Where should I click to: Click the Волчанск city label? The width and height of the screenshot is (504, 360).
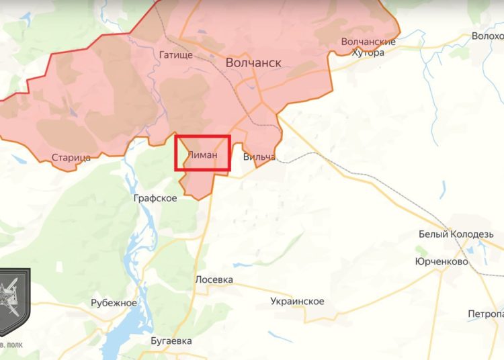point(253,62)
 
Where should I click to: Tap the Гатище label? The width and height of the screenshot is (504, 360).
point(177,55)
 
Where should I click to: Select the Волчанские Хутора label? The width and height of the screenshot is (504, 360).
point(368,47)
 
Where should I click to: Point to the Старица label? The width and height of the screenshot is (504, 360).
point(71,158)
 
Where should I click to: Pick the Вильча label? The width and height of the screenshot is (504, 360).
point(259,157)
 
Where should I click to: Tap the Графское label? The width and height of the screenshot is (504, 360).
point(155,198)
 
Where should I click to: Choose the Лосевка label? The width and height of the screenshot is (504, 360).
point(214,279)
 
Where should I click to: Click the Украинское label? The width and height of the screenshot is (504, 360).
point(297,301)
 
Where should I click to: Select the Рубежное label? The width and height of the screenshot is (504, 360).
point(114,303)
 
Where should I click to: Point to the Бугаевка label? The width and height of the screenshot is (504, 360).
point(171,341)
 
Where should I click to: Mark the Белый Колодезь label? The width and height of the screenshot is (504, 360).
point(460,234)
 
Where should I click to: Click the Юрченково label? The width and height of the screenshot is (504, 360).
point(442,261)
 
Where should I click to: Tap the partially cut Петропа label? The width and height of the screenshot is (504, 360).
point(486,314)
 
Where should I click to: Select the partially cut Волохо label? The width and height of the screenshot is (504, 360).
point(487,36)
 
